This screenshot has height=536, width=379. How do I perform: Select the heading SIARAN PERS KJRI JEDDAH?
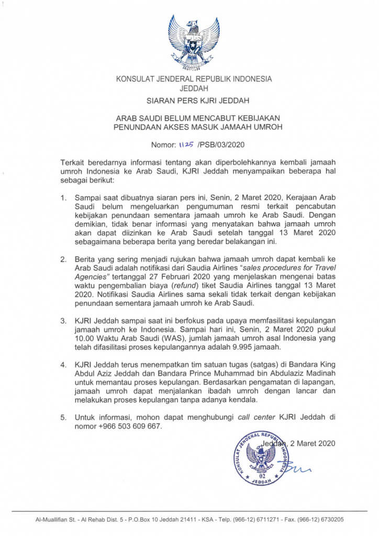point(194,100)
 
